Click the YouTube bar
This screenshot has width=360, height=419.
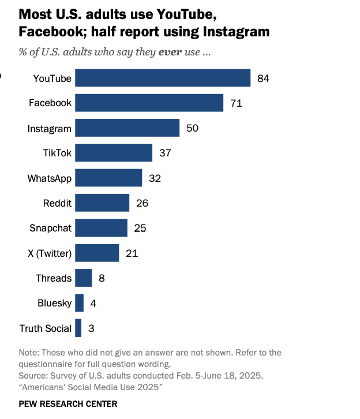point(163,78)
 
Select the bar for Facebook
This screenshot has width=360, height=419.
point(149,103)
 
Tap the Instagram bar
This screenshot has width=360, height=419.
point(127,128)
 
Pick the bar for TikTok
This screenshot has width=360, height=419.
point(114,153)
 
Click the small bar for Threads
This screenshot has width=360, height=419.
point(84,278)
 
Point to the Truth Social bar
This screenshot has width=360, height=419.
point(78,328)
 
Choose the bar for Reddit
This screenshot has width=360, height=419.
point(102,203)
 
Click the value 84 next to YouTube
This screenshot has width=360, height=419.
point(264,78)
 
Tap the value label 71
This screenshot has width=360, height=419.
point(236,103)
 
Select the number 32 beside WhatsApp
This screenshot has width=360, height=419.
point(155,178)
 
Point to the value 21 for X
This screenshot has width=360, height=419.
point(132,253)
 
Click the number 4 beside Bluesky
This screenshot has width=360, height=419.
point(93,304)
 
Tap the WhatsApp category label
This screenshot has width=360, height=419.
point(50,178)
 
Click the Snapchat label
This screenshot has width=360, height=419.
point(51,228)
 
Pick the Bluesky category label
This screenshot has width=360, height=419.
point(54,304)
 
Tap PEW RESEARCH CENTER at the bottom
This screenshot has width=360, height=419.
point(68,403)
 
